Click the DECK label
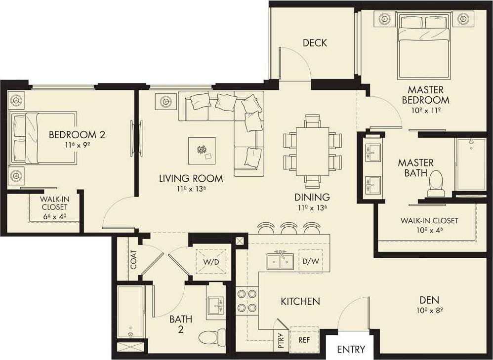coord(315,43)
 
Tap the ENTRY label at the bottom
coord(351,350)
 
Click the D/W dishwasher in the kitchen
coord(310,261)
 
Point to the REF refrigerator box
coord(304,340)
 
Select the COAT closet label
coord(133,260)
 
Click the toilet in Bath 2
coord(211,337)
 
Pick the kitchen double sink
coord(280,261)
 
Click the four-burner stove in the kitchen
coord(246,300)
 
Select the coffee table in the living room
coord(202,151)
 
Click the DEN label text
coord(429,300)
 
